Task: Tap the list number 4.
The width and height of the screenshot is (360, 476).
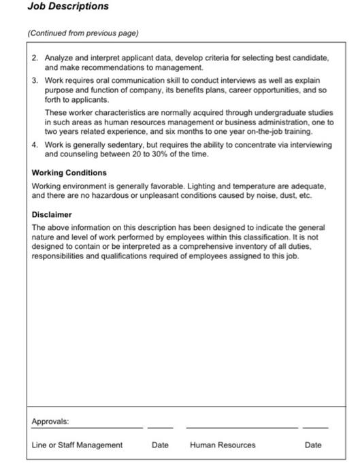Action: (x=35, y=145)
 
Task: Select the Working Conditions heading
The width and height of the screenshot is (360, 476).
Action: (x=69, y=173)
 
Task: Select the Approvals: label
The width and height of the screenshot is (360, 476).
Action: (x=50, y=422)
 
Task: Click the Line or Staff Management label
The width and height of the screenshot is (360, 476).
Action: (x=77, y=445)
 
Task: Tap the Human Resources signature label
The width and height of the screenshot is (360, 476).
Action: (x=223, y=445)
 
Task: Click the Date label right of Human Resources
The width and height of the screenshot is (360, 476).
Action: (x=313, y=445)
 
